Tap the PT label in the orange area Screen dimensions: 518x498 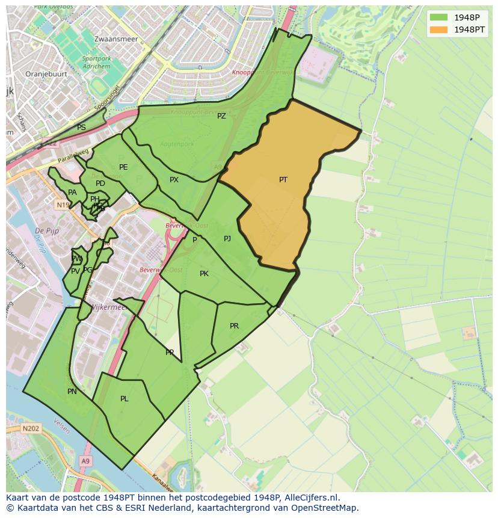[x=283, y=179]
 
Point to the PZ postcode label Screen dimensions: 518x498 [x=221, y=116]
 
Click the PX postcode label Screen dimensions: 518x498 [x=174, y=180]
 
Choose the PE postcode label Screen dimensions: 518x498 [x=123, y=167]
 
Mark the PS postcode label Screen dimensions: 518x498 [x=81, y=128]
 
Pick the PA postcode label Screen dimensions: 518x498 [x=72, y=193]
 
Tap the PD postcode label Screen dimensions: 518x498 [x=100, y=183]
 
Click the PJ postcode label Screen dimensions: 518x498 [x=227, y=239]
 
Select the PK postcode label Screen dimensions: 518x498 [x=204, y=274]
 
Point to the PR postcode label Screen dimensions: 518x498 [x=234, y=326]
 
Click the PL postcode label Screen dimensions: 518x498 [x=124, y=399]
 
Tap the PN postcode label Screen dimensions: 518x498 [x=72, y=392]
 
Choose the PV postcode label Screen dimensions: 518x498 [x=75, y=271]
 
